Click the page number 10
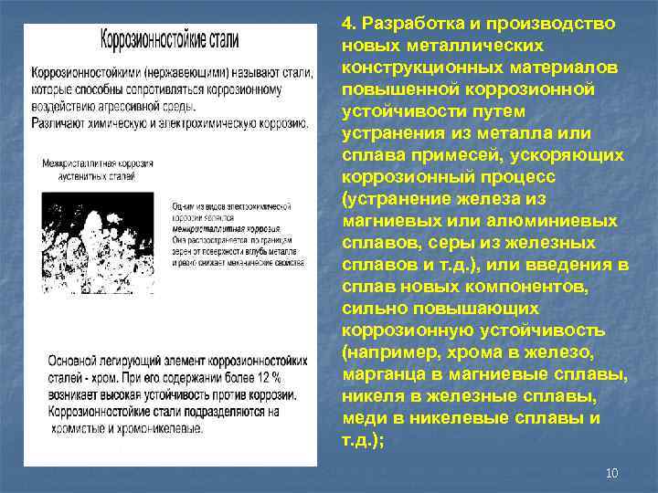click(x=612, y=472)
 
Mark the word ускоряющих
click(x=571, y=155)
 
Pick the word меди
click(x=364, y=418)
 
